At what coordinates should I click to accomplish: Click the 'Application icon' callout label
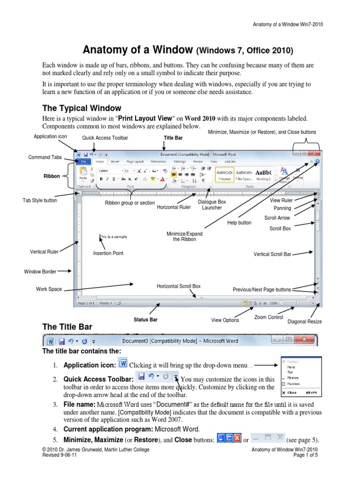pos(51,136)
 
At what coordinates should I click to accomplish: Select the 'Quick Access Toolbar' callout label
pos(105,138)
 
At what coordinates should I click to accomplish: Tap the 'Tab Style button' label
pos(40,200)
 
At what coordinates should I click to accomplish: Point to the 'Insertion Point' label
pos(108,253)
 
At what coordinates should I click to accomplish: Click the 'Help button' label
pos(239,223)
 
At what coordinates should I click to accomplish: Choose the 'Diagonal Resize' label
pos(305,322)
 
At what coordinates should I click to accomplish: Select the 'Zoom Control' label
pos(269,317)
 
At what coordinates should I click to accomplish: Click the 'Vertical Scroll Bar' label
pos(272,254)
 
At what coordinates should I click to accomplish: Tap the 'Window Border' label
pos(40,271)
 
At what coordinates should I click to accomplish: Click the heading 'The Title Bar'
pos(67,327)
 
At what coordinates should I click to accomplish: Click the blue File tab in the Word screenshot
pos(83,161)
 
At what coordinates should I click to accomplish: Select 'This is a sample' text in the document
pos(113,237)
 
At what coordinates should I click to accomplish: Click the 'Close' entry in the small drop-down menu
pos(292,392)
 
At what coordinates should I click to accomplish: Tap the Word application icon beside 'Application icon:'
pos(123,364)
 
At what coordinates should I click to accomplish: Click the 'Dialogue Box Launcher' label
pos(212,204)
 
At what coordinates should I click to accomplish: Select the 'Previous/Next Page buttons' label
pos(262,289)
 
